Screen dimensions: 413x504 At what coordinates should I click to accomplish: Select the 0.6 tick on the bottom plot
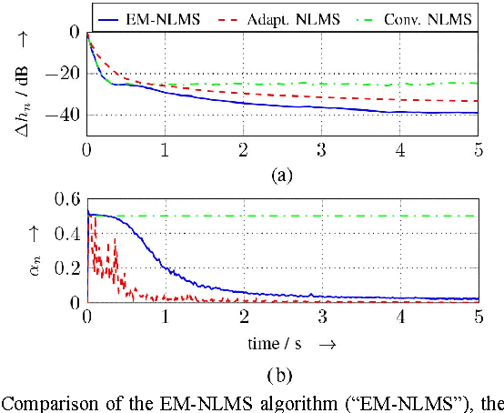(x=68, y=198)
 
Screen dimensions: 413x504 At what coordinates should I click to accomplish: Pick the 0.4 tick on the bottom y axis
(x=68, y=233)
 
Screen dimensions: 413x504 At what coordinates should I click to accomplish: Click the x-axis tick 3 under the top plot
(x=321, y=148)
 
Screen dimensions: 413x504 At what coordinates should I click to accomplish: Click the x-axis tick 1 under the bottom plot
(x=165, y=317)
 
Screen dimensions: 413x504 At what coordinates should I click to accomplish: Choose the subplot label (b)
(x=282, y=374)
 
